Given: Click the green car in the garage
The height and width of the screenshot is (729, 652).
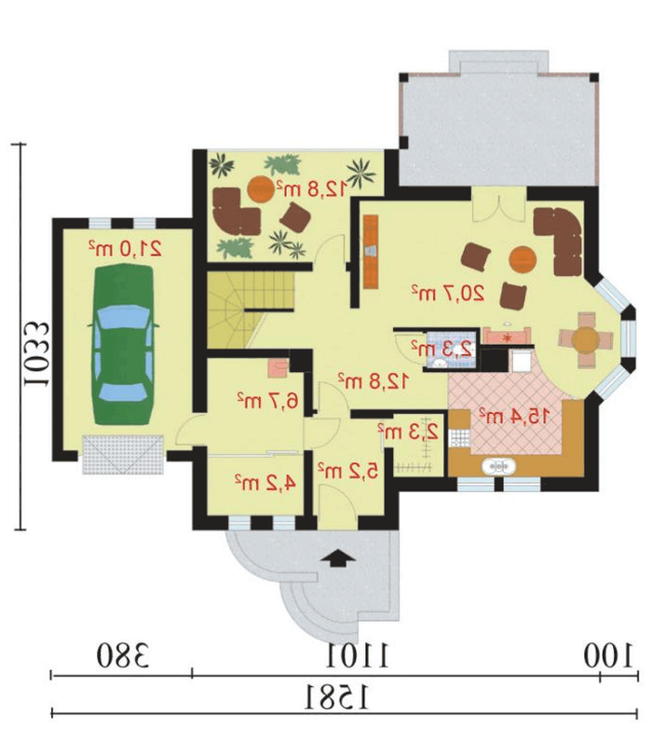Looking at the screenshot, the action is point(124,344).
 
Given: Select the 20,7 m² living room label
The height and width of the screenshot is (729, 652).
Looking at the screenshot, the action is point(448,293).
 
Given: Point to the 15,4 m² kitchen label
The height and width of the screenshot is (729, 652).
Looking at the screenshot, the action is point(514,416).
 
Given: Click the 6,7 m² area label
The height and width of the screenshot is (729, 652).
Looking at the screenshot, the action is point(267,400).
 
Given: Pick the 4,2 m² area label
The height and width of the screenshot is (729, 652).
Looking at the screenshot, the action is point(265,483).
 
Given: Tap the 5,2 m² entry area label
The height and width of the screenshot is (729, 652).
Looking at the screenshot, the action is point(347,471).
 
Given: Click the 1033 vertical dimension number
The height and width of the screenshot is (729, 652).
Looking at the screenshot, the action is point(36,354).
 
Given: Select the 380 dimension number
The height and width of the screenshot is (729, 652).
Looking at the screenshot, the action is point(123,655).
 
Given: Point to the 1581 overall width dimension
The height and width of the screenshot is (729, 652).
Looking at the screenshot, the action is point(337,697).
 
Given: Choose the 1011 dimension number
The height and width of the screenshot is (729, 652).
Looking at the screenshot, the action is point(357,655).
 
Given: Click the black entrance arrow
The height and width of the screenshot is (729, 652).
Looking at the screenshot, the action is point(337,557).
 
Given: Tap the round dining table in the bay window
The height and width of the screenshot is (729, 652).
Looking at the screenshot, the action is point(586,339).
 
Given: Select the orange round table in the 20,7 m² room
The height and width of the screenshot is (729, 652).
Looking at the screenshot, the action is point(523,259).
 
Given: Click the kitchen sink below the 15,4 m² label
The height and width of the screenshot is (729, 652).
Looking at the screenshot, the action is point(498,466).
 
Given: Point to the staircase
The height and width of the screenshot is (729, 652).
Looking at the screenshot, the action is point(250,309).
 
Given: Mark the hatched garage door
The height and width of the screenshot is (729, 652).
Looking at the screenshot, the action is point(123,454).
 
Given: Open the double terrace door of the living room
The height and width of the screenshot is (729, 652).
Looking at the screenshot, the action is point(498,204).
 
